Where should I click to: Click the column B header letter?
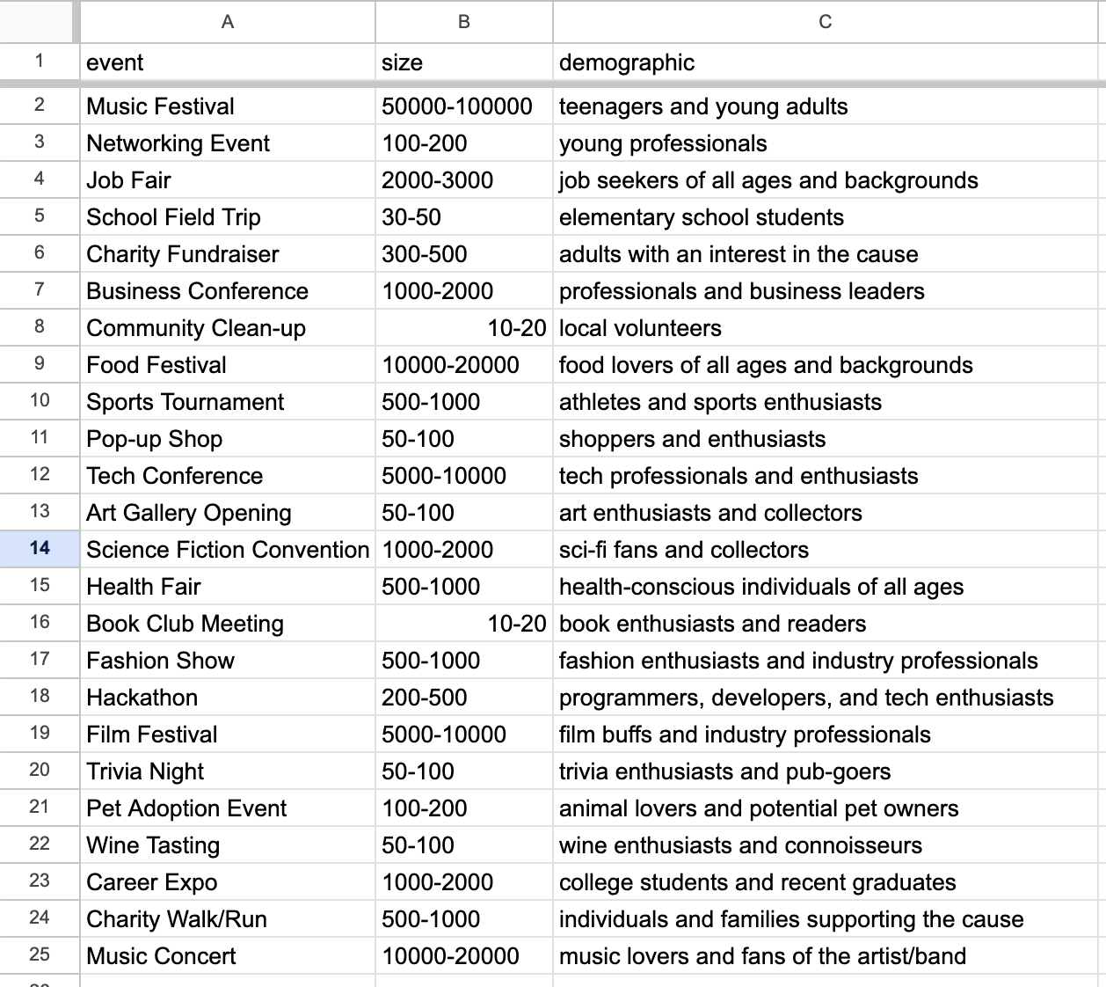point(463,22)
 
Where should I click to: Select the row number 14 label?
point(40,548)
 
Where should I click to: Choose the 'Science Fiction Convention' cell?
point(228,550)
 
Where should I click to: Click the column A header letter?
point(228,22)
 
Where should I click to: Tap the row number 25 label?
point(40,954)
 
